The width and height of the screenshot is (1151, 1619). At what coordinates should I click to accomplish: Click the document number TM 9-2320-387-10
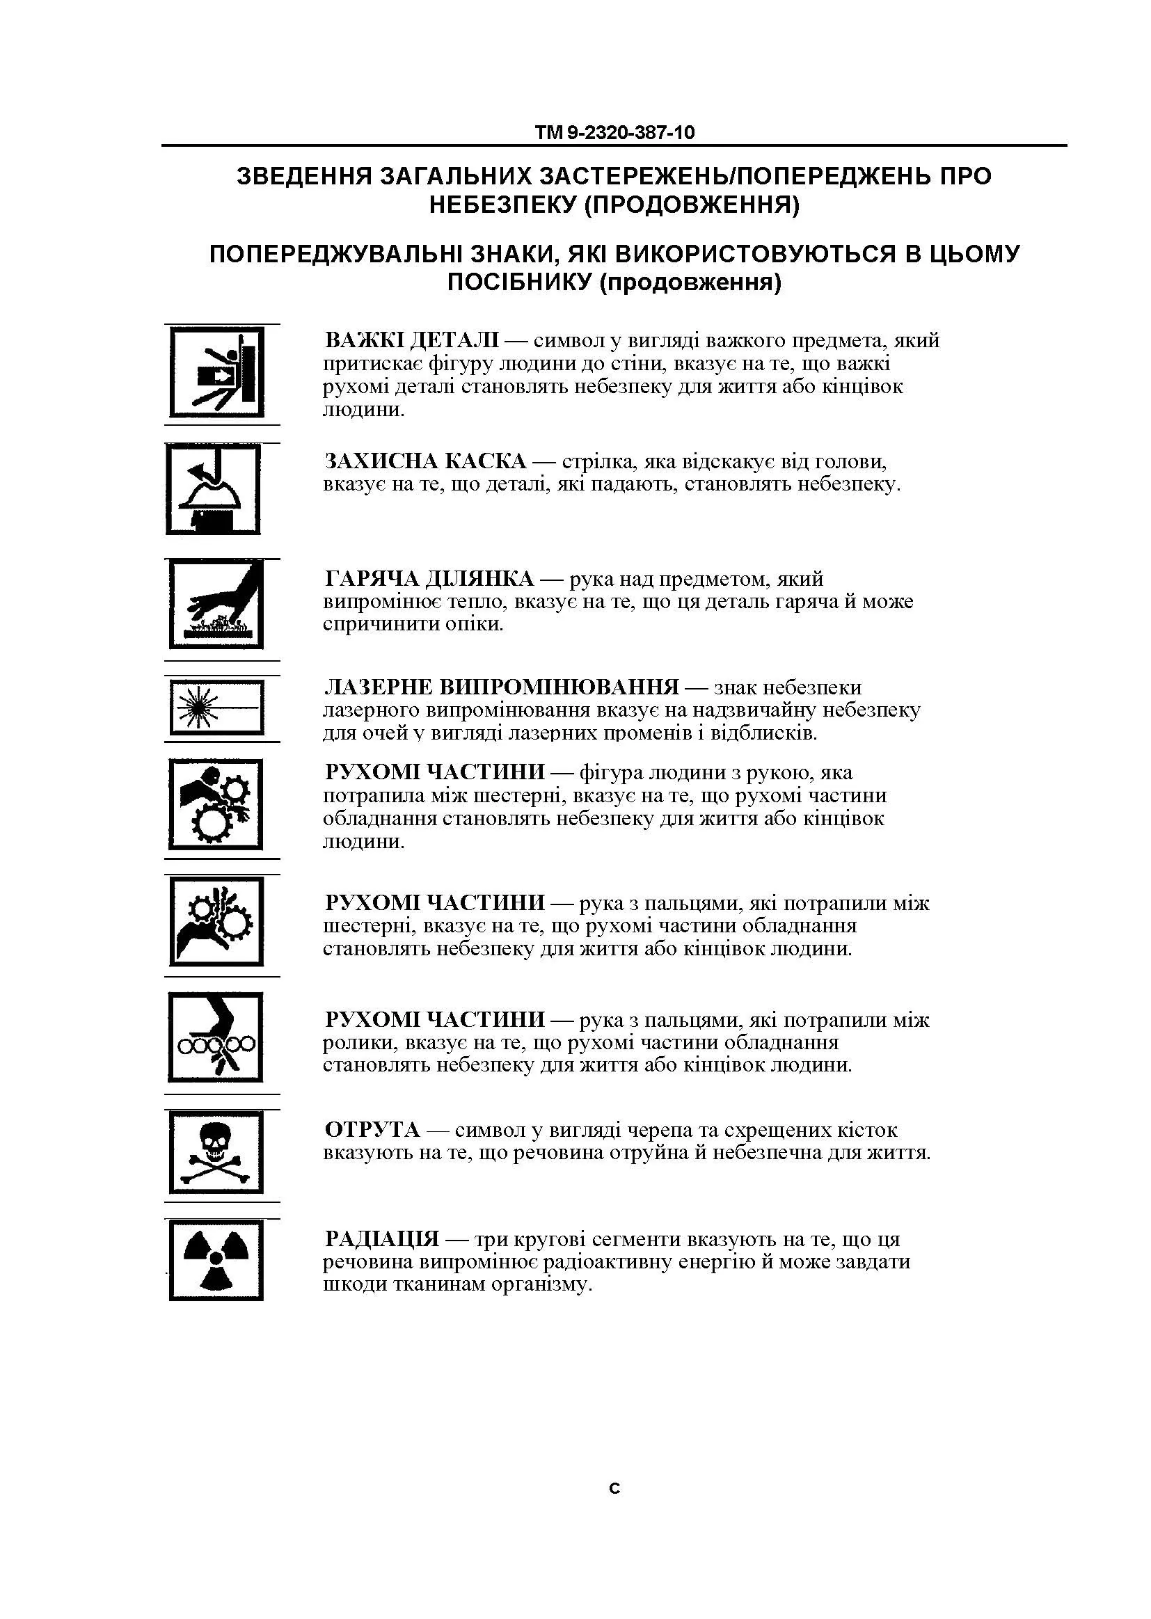tap(614, 132)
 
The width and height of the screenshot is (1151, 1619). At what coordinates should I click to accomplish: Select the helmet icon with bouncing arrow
tap(214, 489)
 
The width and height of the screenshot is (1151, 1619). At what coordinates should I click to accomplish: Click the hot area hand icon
tap(216, 604)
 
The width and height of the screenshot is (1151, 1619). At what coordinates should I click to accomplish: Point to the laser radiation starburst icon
tap(216, 706)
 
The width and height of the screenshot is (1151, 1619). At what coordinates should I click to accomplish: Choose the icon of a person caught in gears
tap(216, 805)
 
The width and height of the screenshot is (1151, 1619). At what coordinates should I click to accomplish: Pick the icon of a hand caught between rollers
tap(216, 1037)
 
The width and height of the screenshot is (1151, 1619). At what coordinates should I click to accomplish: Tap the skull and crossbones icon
tap(216, 1153)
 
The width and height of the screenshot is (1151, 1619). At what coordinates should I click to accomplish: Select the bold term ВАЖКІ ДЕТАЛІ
tap(412, 341)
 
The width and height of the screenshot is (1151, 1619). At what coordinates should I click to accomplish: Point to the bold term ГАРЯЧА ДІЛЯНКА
tap(429, 580)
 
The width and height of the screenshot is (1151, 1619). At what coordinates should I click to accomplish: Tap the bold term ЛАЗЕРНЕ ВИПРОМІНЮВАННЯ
tap(501, 687)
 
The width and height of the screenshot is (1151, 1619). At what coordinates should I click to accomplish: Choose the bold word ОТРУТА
tap(372, 1130)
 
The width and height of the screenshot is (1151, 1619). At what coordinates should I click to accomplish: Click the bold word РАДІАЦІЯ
tap(382, 1239)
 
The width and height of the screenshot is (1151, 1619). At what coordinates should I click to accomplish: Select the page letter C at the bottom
tap(614, 1489)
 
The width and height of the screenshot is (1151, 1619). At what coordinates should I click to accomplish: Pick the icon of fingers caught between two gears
tap(216, 921)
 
